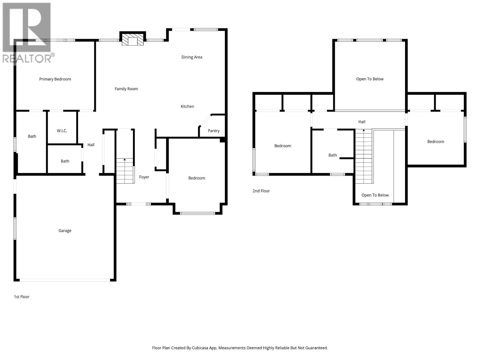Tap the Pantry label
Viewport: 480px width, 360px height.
coord(214,130)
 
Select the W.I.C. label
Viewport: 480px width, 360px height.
coord(62,130)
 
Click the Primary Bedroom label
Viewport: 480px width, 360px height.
coord(55,79)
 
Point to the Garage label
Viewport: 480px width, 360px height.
coord(65,230)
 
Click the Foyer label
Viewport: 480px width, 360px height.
coord(144,177)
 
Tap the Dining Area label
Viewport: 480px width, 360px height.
coord(192,57)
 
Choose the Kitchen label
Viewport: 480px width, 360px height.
coord(187,106)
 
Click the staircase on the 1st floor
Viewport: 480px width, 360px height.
coord(125,171)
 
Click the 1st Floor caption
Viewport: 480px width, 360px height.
coord(22,297)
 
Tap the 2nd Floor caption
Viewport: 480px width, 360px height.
coord(261,191)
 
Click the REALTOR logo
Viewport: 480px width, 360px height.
coord(27,33)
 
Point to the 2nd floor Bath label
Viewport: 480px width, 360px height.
coord(332,155)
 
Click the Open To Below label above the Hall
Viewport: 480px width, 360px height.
coord(370,79)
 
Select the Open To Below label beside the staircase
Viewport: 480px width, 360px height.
coord(375,195)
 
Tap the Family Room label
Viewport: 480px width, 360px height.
coord(126,88)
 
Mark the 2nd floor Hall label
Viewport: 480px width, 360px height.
coord(362,122)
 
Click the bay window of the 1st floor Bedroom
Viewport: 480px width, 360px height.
coord(197,213)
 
